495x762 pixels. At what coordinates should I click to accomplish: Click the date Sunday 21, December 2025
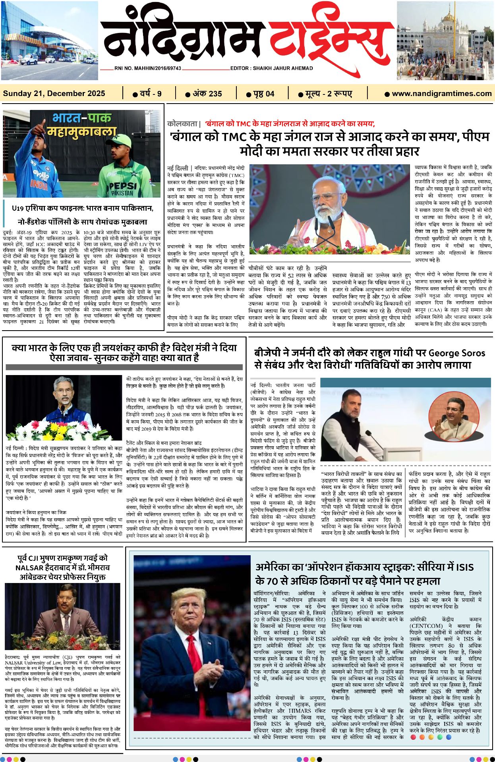tap(54, 94)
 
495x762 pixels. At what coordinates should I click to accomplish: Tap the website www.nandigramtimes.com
tap(441, 94)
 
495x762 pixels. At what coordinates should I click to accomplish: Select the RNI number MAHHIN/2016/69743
tap(148, 68)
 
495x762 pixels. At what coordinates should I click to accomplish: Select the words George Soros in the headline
tap(457, 353)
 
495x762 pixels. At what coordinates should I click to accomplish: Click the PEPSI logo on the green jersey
tap(123, 186)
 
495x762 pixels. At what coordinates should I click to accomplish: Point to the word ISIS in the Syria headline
tap(464, 567)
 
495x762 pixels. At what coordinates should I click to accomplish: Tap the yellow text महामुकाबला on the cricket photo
tap(81, 131)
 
